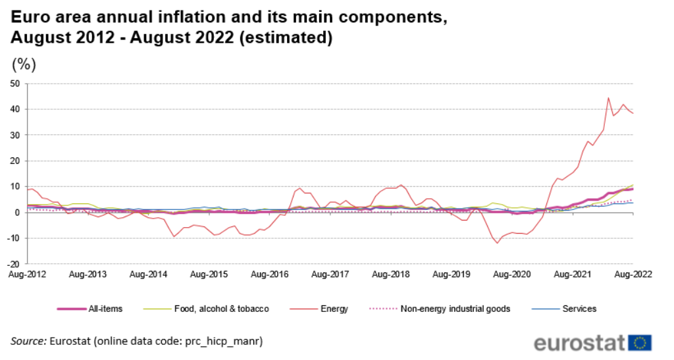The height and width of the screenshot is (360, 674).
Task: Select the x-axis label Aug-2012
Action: [x=27, y=274]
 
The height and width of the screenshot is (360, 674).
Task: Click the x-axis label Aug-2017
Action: [x=330, y=274]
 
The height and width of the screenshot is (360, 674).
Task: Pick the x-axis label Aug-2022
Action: [x=633, y=274]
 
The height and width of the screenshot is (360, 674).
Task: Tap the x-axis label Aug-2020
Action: [x=511, y=274]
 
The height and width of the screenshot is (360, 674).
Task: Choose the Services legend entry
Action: [x=579, y=309]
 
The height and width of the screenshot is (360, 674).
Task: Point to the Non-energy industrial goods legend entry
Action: [x=455, y=309]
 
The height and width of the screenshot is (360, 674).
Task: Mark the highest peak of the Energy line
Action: [x=608, y=98]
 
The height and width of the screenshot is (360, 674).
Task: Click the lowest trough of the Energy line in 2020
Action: [x=498, y=243]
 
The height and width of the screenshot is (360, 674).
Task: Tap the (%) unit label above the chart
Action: [x=24, y=64]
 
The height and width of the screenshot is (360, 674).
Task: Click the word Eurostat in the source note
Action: [x=70, y=341]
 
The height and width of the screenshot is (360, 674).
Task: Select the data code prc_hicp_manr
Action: [x=222, y=341]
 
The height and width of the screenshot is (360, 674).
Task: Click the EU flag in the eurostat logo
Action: [x=640, y=342]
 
